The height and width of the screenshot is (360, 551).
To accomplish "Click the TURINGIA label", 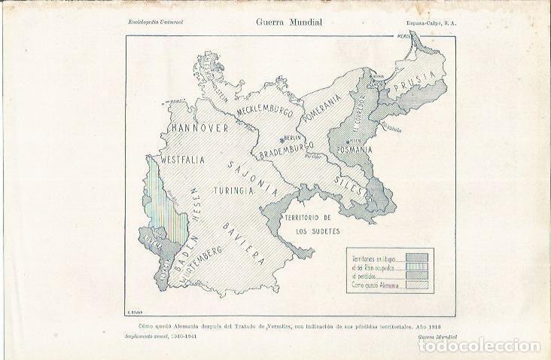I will (233, 190).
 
